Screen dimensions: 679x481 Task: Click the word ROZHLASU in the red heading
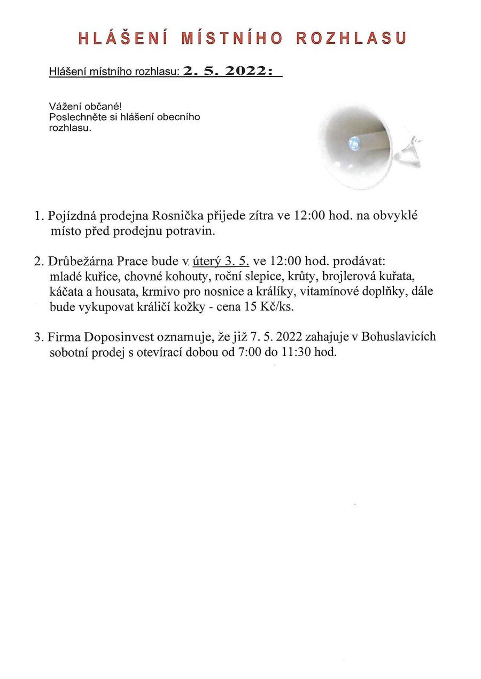pos(351,38)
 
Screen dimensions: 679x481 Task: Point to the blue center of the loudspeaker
pos(353,142)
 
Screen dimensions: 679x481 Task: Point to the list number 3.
pos(37,337)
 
